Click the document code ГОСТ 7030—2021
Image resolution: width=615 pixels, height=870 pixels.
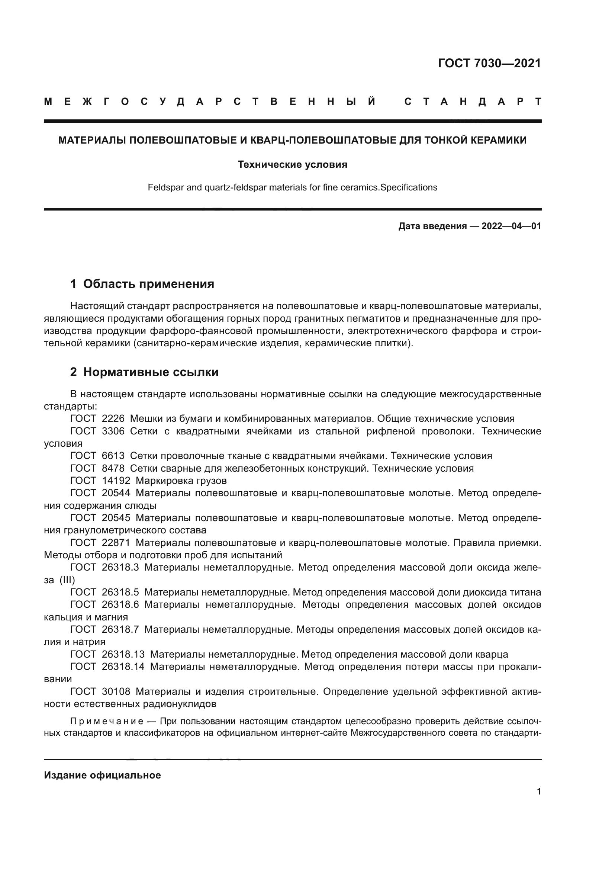click(489, 63)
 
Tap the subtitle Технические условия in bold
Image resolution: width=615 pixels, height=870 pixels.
click(292, 164)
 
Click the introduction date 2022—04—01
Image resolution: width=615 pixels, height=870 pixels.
click(511, 226)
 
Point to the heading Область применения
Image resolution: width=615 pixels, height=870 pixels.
click(148, 284)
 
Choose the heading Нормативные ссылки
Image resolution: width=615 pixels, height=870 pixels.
click(151, 372)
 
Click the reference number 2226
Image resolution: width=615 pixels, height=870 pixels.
click(113, 419)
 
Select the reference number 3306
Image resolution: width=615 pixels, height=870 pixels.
click(113, 431)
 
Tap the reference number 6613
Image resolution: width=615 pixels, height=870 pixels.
click(113, 456)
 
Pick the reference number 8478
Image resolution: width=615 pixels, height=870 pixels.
click(113, 468)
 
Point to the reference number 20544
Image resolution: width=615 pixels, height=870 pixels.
click(116, 493)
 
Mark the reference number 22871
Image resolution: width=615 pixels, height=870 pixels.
click(116, 543)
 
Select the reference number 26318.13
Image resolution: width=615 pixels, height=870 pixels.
click(123, 654)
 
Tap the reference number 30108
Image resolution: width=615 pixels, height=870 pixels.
click(116, 691)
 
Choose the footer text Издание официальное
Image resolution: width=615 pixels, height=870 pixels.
click(102, 775)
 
